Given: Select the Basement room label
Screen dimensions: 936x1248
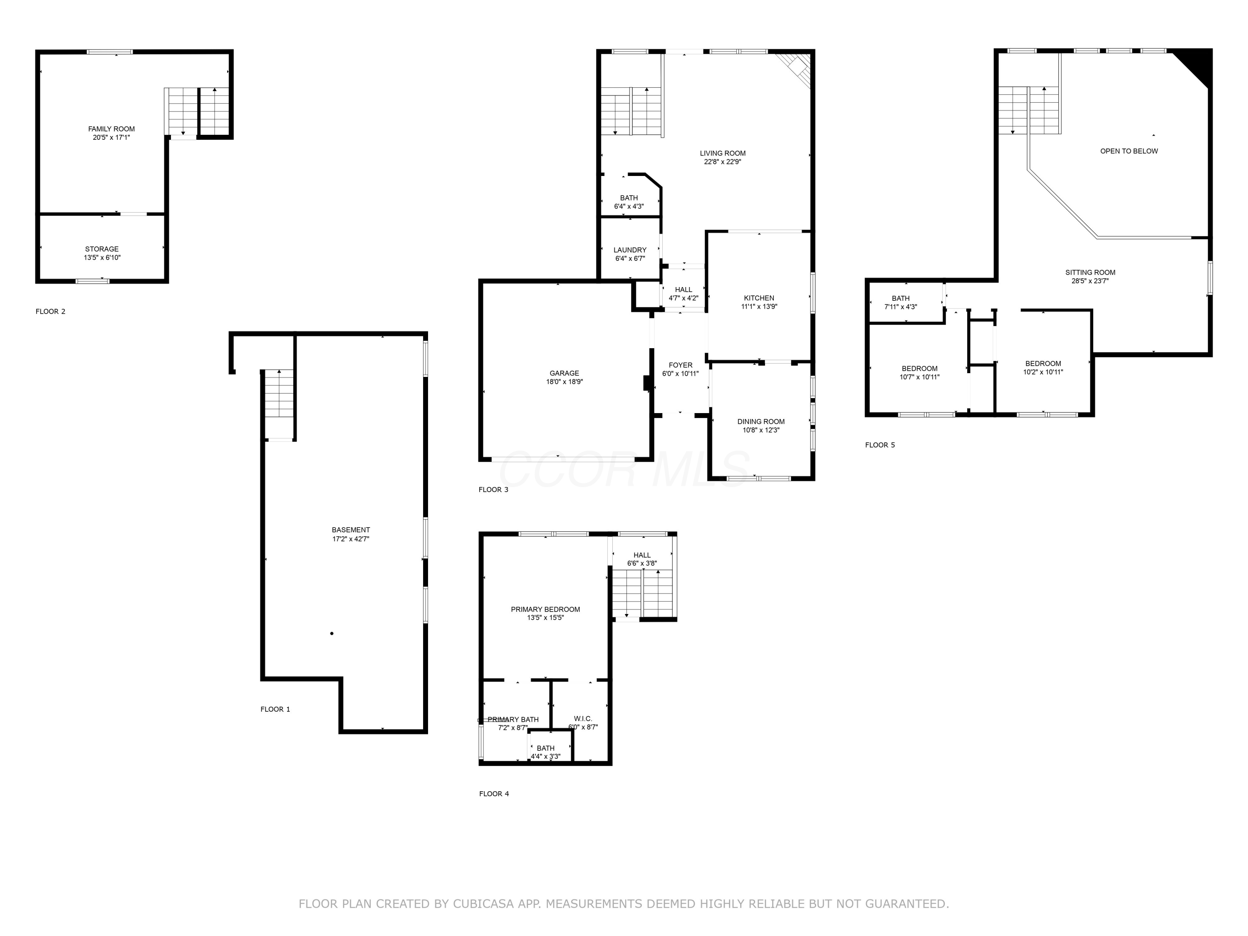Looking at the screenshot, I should click(351, 530).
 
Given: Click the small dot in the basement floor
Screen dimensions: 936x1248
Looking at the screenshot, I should click(332, 634).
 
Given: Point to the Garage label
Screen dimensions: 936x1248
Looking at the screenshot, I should click(564, 373).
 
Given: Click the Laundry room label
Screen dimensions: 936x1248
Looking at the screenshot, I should click(630, 250).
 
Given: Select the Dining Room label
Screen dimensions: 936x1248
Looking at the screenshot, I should click(760, 421).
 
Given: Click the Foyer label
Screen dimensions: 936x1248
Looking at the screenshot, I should click(681, 365).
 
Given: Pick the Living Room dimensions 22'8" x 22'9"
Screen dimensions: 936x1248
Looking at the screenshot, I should click(722, 162).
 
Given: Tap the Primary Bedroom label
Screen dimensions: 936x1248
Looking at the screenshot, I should click(545, 609).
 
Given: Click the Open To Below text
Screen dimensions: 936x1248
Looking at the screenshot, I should click(1128, 151).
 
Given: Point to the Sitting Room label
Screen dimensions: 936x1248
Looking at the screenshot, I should click(1090, 272).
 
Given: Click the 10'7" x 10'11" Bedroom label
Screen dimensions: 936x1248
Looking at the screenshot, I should click(919, 369).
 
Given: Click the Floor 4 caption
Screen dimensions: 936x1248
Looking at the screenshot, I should click(494, 794).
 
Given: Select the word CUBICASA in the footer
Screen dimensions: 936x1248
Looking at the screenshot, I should click(483, 904).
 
